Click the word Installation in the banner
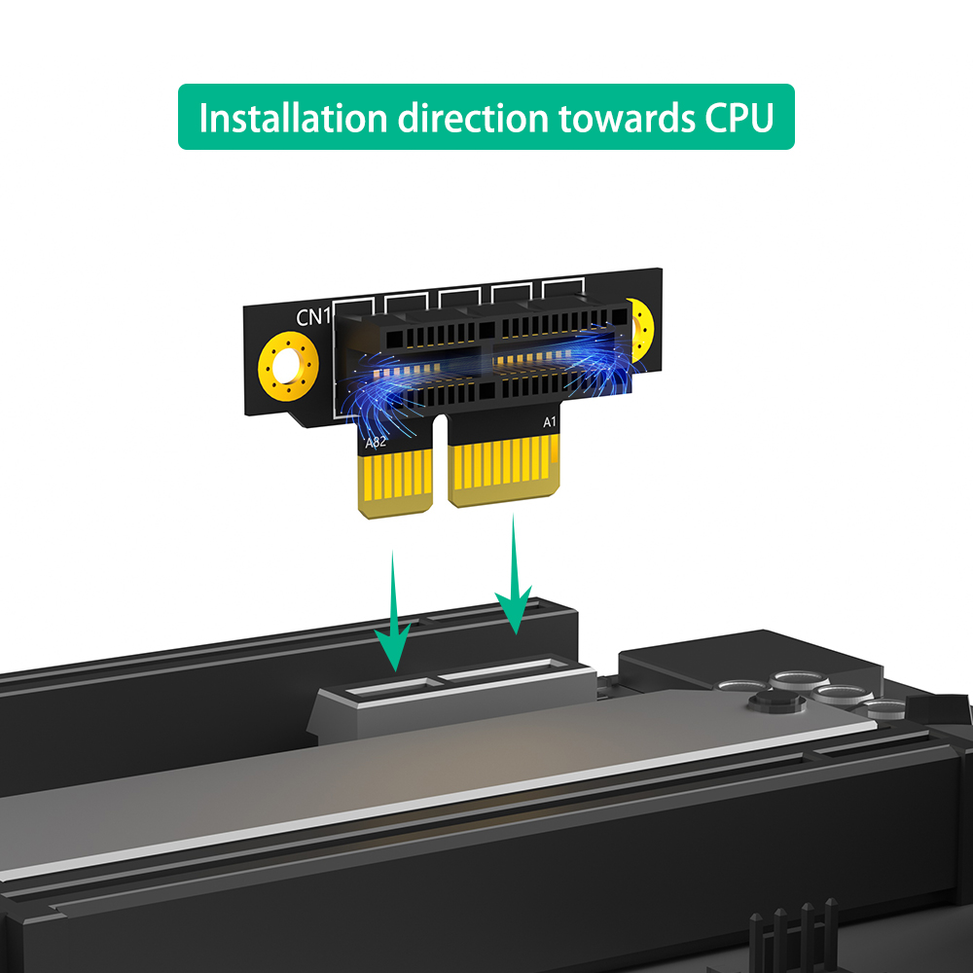(293, 118)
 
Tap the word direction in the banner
(473, 118)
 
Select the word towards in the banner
(626, 118)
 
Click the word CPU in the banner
(739, 118)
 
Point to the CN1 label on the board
(314, 317)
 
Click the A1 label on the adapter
(550, 422)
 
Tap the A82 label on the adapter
(376, 443)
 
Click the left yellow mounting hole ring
(289, 366)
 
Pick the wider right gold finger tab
(504, 469)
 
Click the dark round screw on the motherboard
(776, 702)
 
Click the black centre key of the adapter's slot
(487, 360)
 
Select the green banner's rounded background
(486, 117)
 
